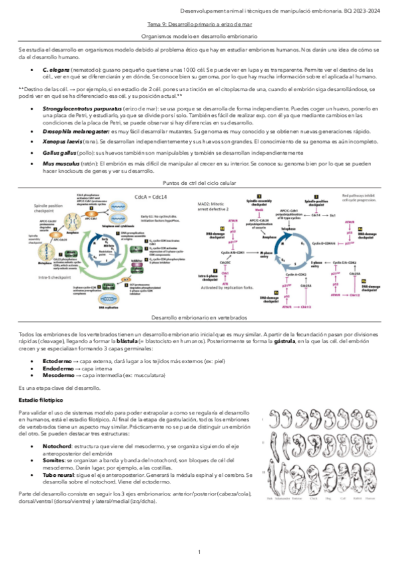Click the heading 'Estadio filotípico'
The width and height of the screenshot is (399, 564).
(x=41, y=401)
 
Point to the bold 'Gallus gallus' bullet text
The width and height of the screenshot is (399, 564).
(x=59, y=152)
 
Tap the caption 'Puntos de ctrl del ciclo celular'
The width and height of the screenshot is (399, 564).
(x=199, y=182)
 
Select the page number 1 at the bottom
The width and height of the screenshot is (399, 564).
(x=199, y=552)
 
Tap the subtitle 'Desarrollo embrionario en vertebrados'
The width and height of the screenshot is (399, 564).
(x=199, y=319)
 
